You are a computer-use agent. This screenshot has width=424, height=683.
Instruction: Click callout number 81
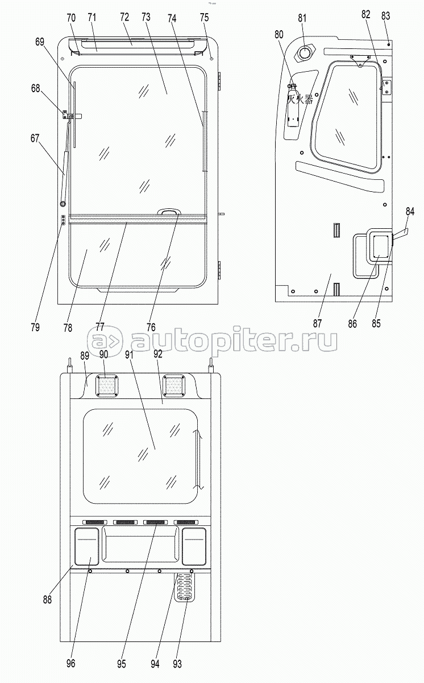[x=302, y=18]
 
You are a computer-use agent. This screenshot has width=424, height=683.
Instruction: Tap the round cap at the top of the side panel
[x=305, y=53]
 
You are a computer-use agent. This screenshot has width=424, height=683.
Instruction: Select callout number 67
[x=35, y=138]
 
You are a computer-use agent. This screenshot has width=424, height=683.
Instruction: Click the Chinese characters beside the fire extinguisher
[x=300, y=99]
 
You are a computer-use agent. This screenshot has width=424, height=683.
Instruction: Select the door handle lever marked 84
[x=401, y=234]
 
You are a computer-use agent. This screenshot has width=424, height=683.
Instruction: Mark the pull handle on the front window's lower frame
[x=169, y=212]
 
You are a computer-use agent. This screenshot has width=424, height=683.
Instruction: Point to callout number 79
[x=35, y=327]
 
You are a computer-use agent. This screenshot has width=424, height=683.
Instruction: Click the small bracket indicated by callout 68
[x=65, y=115]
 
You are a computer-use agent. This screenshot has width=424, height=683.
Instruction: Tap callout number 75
[x=205, y=18]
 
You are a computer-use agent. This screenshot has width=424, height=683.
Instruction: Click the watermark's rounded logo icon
[x=105, y=341]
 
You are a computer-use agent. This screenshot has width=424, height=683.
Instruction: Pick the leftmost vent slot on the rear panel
[x=95, y=522]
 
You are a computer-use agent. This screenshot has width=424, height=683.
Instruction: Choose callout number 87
[x=318, y=323]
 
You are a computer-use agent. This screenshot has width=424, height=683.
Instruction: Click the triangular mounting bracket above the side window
[x=360, y=60]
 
